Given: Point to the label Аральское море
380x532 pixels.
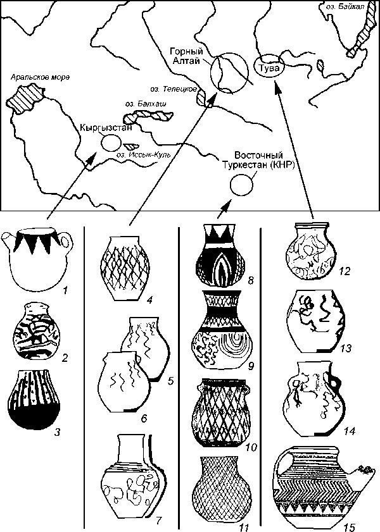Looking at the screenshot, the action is point(38,78).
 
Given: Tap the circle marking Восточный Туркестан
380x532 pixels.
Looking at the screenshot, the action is point(239,185).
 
